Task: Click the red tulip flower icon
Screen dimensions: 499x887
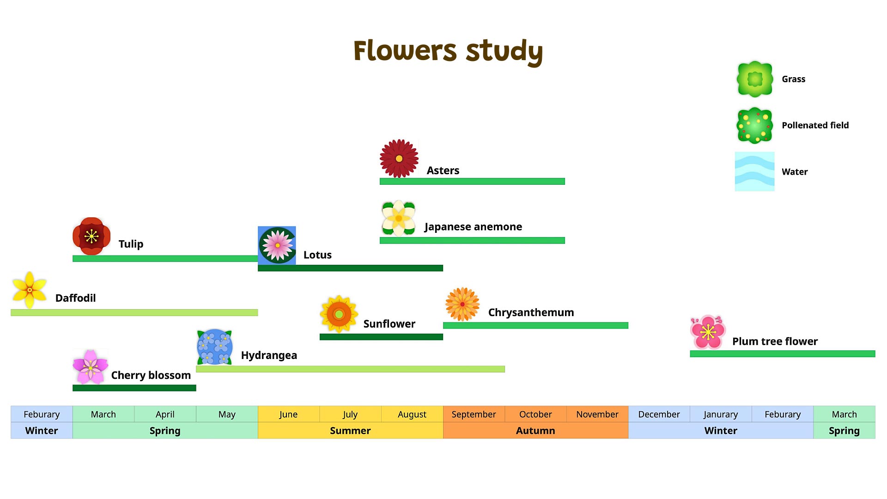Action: pos(91,236)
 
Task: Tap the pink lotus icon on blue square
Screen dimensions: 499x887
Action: pos(277,245)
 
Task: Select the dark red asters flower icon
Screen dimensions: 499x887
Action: pos(399,158)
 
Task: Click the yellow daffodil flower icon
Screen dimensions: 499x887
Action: pos(29,290)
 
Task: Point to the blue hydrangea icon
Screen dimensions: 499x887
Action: pos(214,347)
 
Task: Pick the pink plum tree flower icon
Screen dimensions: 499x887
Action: pos(707,332)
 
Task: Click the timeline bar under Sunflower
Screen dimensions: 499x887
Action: pos(381,337)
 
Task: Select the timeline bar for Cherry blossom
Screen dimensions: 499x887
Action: pos(134,388)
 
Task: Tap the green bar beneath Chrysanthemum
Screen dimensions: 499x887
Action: pos(535,325)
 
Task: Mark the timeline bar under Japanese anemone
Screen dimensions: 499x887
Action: pos(472,240)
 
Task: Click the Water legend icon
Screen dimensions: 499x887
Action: pos(754,171)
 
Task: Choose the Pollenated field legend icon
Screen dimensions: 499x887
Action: pos(754,125)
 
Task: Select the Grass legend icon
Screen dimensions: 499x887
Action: pos(754,79)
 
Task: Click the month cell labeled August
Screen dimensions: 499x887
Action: pos(412,414)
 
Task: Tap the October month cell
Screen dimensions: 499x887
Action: pos(535,414)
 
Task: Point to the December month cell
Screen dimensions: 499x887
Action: pos(659,414)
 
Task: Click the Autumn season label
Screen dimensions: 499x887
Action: pos(535,431)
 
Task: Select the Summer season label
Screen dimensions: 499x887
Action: pos(350,431)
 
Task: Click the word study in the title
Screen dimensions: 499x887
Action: pos(504,51)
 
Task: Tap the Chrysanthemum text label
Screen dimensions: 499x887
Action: pos(531,312)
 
